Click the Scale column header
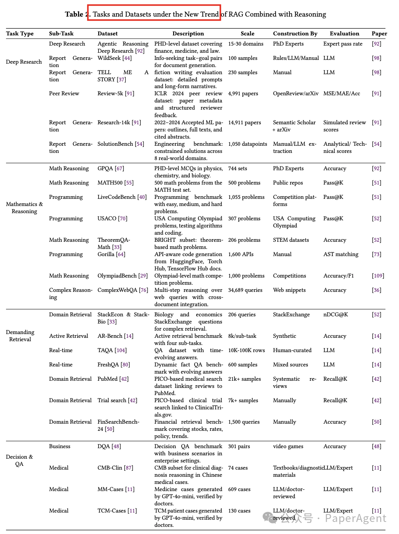[x=247, y=34]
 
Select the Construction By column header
[x=295, y=34]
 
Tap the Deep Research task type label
[x=24, y=62]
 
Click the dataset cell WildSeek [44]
[x=114, y=58]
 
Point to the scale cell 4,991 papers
[x=243, y=93]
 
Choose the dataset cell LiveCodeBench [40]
[x=122, y=197]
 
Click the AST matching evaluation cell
[x=341, y=254]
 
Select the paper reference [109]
[x=378, y=276]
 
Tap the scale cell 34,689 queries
[x=245, y=290]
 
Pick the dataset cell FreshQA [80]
[x=114, y=365]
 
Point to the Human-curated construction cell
[x=292, y=350]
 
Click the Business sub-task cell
[x=59, y=446]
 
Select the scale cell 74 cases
[x=238, y=468]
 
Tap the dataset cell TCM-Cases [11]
[x=117, y=511]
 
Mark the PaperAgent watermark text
[x=355, y=518]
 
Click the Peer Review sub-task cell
[x=64, y=93]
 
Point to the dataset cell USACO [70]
[x=112, y=218]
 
